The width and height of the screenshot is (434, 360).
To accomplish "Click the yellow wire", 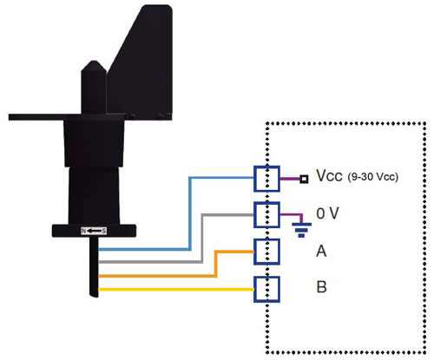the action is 176,289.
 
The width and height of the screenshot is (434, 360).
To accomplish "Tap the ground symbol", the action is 301,230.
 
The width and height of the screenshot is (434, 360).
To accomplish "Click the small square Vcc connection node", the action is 304,180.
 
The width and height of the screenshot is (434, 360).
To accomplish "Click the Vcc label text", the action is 329,176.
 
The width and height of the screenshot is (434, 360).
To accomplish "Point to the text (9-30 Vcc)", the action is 373,176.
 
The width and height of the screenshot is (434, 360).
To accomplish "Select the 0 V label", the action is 327,213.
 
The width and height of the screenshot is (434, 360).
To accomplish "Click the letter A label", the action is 321,251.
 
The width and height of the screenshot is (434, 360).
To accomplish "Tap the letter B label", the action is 321,287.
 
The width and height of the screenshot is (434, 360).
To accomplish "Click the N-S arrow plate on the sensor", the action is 94,231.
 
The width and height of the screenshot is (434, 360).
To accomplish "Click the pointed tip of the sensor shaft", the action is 93,62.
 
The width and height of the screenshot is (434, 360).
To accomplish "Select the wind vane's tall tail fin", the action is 141,62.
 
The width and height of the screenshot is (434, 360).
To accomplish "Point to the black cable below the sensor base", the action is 94,266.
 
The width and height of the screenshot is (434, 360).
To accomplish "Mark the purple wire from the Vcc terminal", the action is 290,179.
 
